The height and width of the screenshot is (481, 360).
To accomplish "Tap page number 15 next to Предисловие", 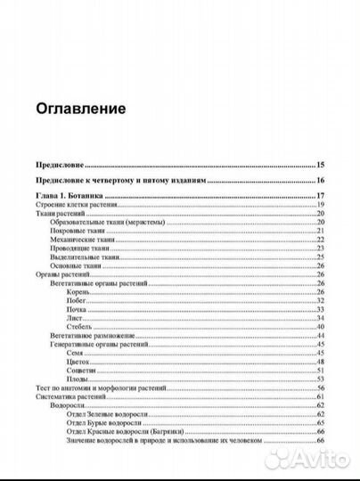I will pos(321,166).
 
